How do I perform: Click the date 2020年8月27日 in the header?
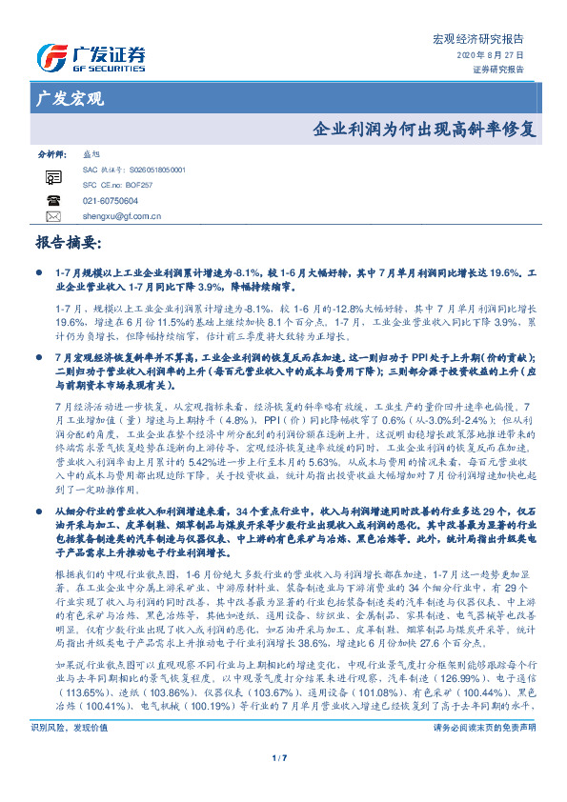(497, 55)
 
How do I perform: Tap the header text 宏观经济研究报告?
(486, 39)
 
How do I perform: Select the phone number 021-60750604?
(111, 201)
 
